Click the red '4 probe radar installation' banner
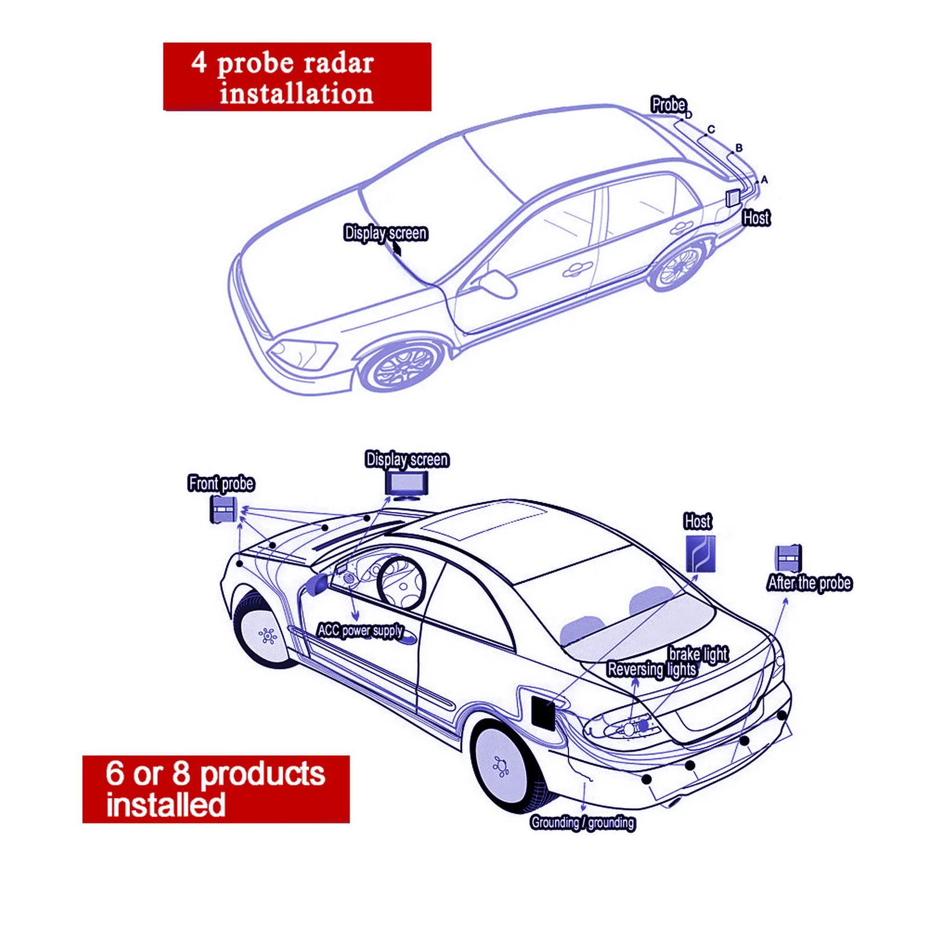297,77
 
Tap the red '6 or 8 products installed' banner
216,789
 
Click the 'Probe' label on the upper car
669,105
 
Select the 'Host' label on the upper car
756,218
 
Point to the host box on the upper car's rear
733,198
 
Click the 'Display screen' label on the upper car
386,233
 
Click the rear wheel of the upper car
679,266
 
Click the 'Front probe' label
222,483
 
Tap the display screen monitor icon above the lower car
407,483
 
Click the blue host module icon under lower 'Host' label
701,553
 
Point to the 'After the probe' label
810,583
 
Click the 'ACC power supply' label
360,630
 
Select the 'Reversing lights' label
652,670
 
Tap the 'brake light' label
698,654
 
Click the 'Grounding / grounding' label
582,822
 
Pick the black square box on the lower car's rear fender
543,713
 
